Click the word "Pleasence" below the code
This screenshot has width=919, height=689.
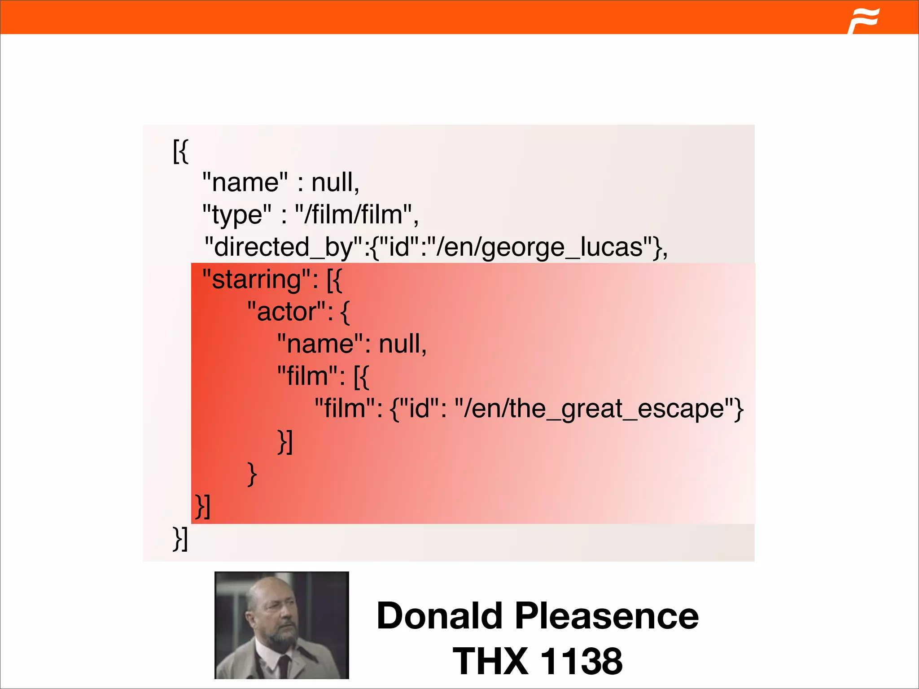[607, 616]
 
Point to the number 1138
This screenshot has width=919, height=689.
[582, 661]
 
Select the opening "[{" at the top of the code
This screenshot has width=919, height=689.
[180, 151]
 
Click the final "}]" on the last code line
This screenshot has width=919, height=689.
[180, 538]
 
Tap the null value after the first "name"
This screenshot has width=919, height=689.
[335, 182]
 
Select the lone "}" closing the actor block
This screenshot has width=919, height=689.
[252, 474]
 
